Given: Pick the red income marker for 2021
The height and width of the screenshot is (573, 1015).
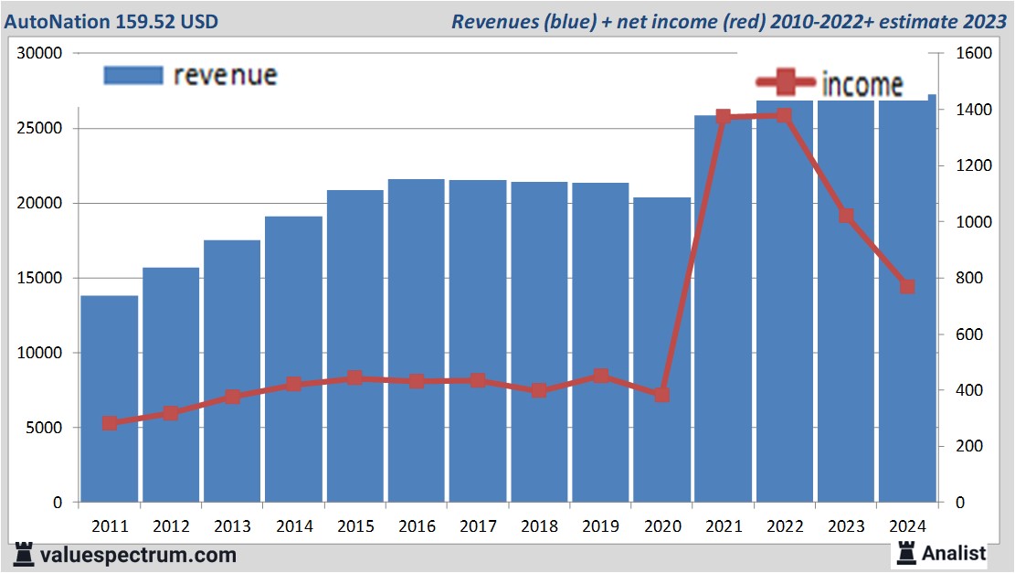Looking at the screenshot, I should tap(724, 117).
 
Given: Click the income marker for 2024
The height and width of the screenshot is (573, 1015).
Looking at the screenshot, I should tap(907, 287).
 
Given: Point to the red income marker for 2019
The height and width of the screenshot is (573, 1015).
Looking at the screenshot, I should tap(600, 376).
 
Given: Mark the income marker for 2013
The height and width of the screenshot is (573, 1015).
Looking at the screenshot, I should tap(232, 397).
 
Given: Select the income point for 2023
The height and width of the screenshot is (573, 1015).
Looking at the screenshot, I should tap(846, 217).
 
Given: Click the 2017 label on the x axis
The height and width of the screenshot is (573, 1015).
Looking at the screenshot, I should tap(478, 526).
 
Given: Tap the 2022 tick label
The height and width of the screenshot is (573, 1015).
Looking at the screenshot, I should tap(785, 526).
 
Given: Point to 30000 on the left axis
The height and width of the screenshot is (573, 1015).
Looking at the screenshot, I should tap(39, 54).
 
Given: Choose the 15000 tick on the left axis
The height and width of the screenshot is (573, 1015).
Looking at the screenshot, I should tap(39, 279).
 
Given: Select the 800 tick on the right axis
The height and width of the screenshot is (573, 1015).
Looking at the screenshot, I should tap(969, 279).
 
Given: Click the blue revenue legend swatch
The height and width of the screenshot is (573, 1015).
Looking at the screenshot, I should tap(133, 75).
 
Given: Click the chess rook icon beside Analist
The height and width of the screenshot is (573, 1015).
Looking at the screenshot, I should tap(907, 552).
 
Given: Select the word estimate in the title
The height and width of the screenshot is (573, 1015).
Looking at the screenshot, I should tap(922, 21).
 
